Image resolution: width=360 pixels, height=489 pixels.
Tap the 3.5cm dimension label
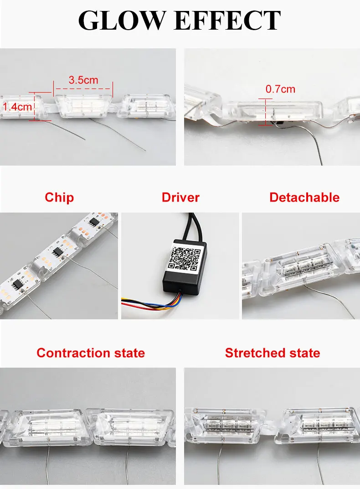coord(83,80)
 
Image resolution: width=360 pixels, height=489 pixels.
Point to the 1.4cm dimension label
coord(17,107)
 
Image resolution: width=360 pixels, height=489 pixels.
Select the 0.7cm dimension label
coord(280,89)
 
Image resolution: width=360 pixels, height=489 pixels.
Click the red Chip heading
coord(59,198)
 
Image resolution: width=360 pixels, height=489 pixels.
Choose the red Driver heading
coord(180,198)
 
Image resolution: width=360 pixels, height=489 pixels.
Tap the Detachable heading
coord(304,198)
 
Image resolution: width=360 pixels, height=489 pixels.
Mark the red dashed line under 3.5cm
coord(83,88)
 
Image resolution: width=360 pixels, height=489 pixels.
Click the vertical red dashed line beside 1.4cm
coord(35,106)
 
